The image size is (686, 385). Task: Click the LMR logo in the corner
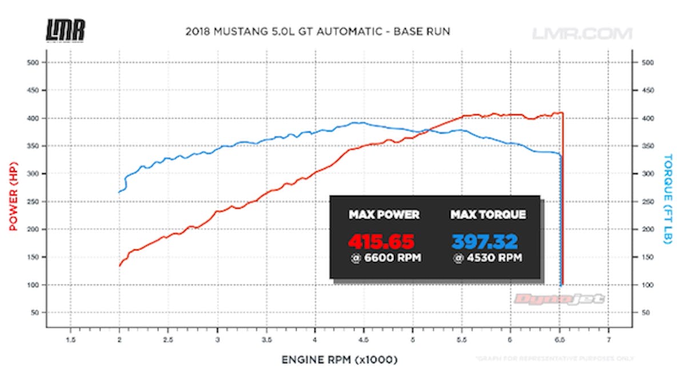(x=65, y=30)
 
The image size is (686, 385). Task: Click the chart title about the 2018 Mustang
(x=318, y=31)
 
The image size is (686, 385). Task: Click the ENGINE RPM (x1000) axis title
(x=339, y=360)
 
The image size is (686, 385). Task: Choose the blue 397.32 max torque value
(x=485, y=240)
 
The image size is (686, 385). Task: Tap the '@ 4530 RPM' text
(x=488, y=258)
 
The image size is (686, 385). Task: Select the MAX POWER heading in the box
(x=384, y=215)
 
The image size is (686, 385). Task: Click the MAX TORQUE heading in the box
(x=488, y=215)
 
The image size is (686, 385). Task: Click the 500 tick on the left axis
(x=33, y=62)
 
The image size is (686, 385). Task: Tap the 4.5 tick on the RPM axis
(x=364, y=339)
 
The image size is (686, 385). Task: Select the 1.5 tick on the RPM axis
(x=70, y=339)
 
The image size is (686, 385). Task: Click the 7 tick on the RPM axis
(x=608, y=339)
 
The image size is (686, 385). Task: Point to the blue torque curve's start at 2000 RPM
(x=119, y=192)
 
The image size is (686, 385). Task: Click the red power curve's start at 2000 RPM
(x=119, y=265)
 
